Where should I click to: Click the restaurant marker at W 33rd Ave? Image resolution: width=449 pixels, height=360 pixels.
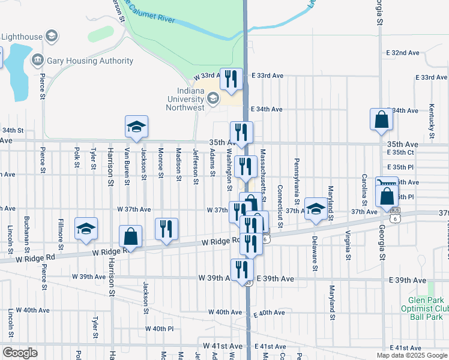point(231,79)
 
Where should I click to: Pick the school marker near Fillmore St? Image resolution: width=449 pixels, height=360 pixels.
point(86,229)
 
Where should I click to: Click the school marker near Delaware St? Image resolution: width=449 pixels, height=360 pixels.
point(315,209)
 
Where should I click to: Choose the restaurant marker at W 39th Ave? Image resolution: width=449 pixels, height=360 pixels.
point(242,269)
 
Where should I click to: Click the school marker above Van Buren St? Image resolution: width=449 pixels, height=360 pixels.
point(136,127)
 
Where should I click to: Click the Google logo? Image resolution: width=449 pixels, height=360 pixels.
point(20,353)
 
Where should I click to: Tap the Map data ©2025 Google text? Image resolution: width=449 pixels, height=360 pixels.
point(411,355)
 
